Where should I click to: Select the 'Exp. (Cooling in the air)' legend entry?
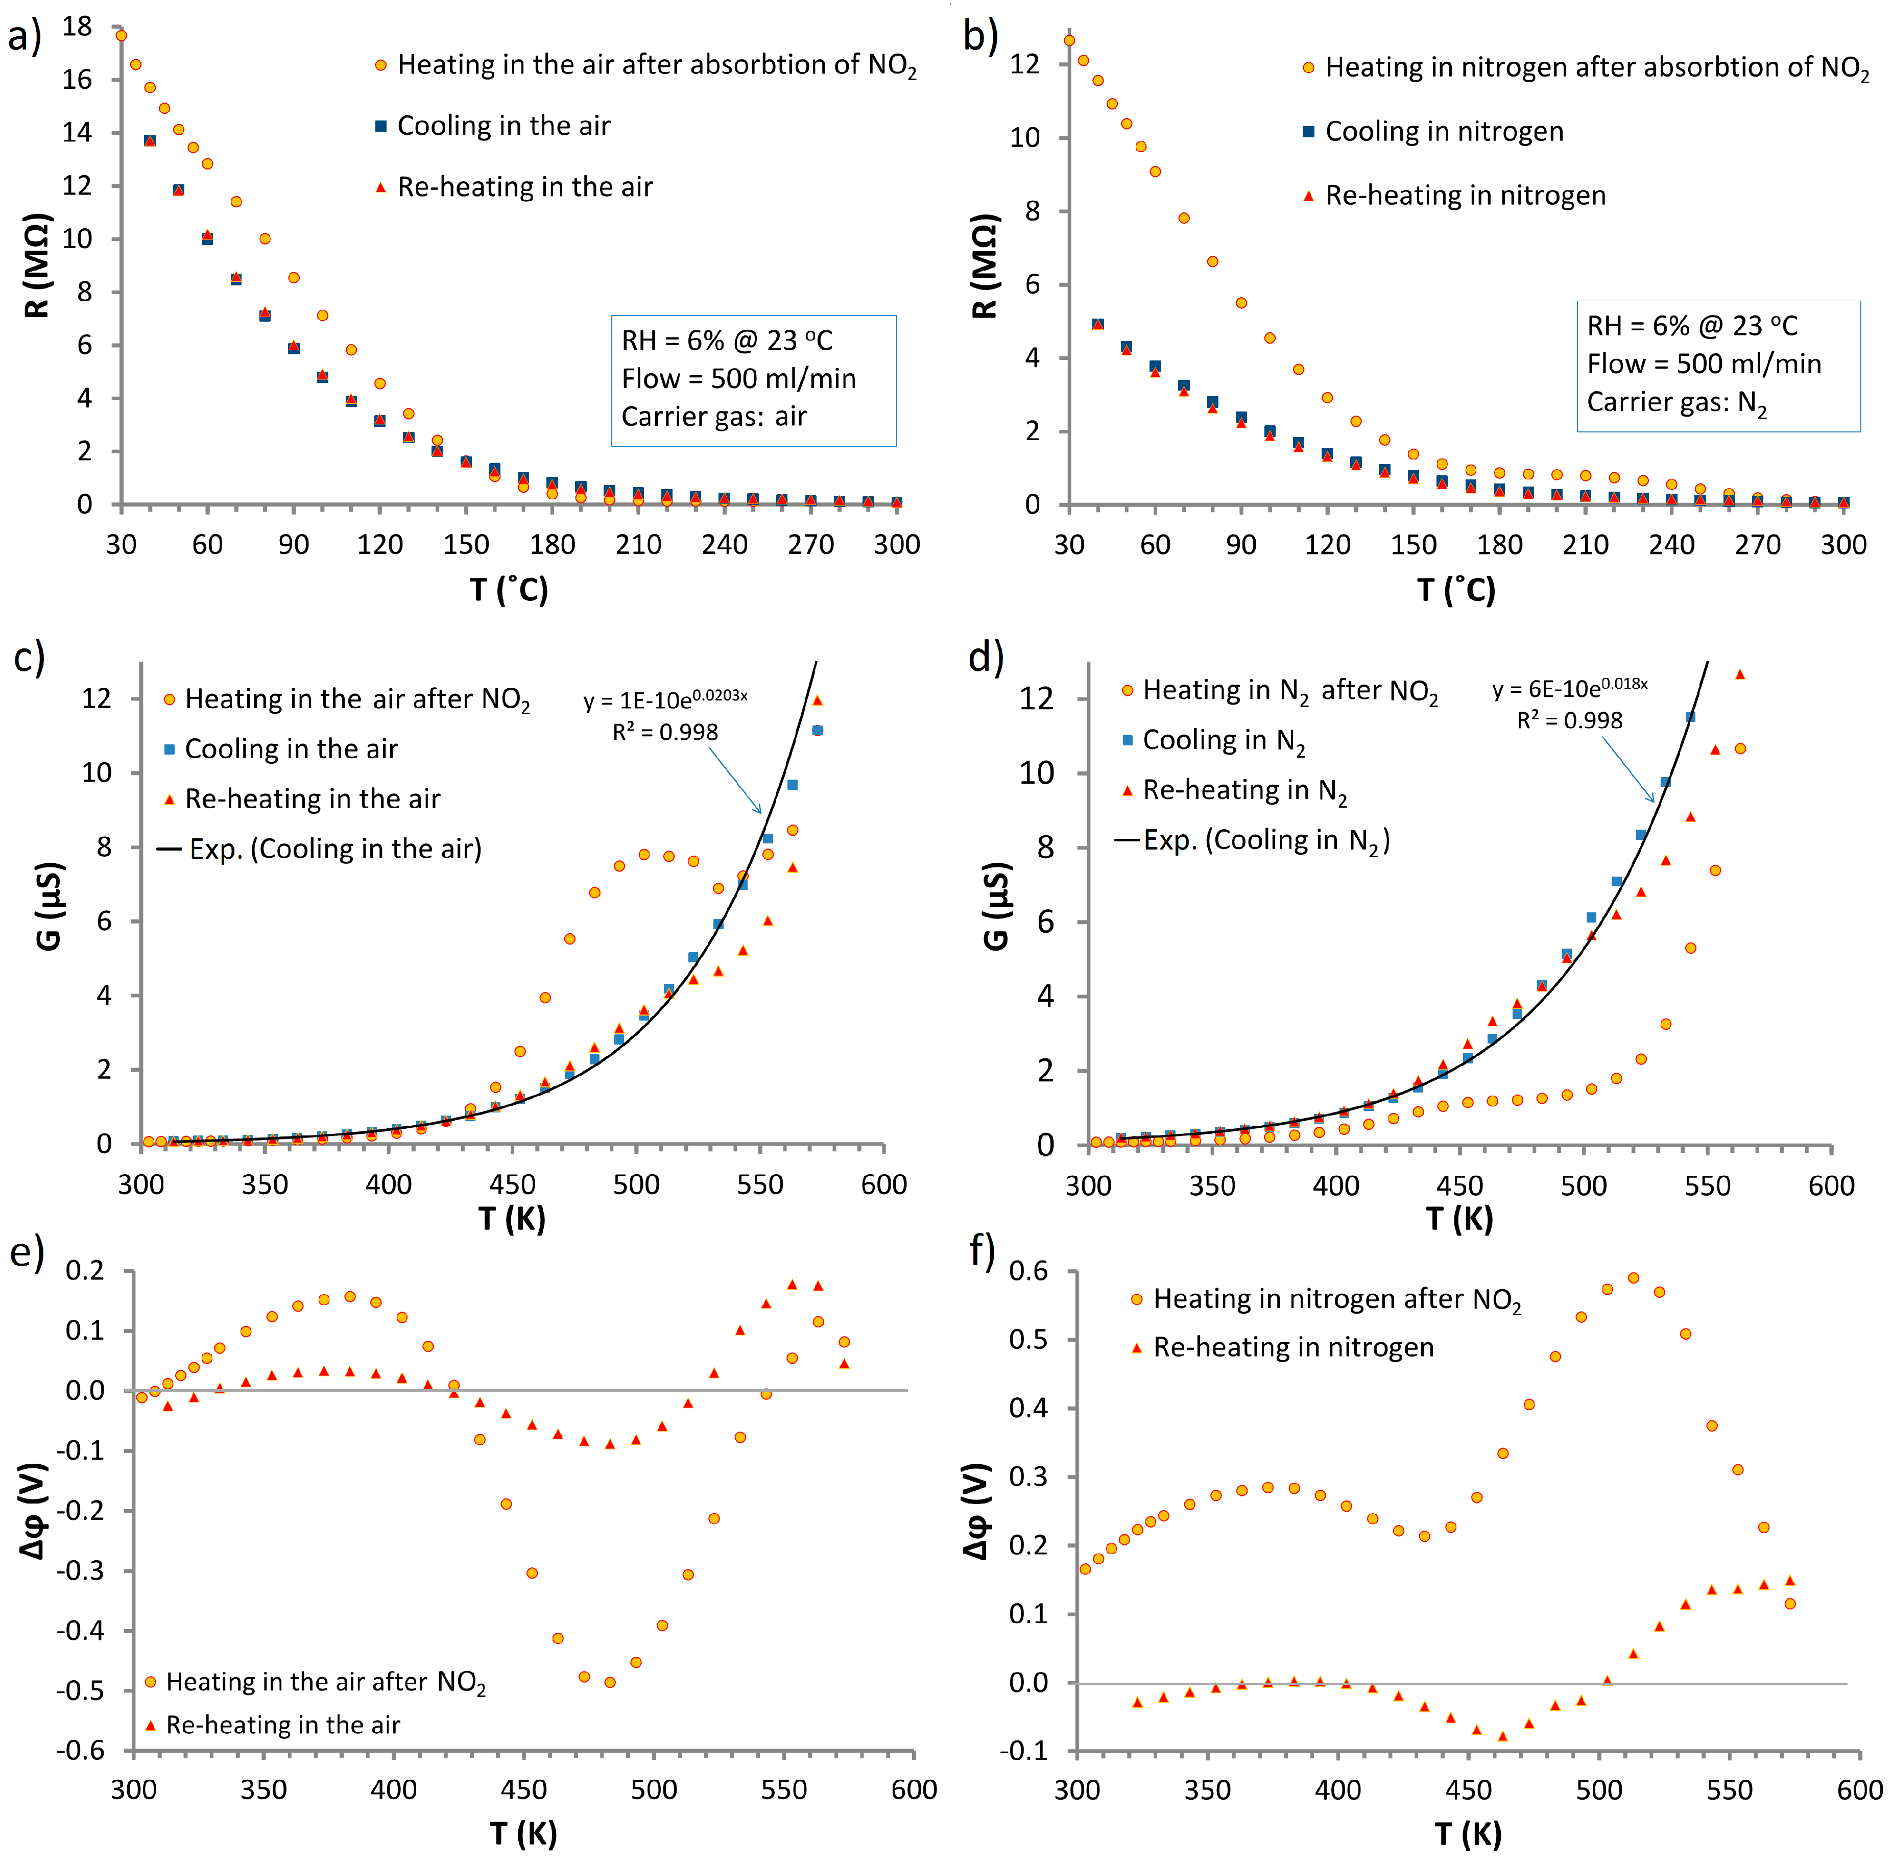click(334, 849)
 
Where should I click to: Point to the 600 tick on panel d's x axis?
click(1830, 1185)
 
